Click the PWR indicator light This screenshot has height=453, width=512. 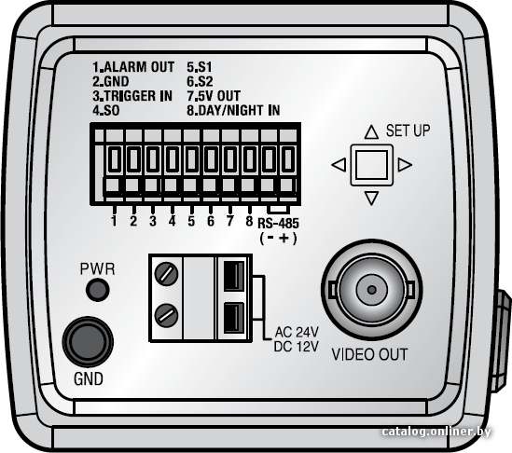pyautogui.click(x=97, y=290)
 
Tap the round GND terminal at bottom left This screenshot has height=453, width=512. pyautogui.click(x=88, y=342)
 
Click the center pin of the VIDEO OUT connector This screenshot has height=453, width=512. pyautogui.click(x=371, y=290)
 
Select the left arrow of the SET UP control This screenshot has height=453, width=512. pyautogui.click(x=339, y=164)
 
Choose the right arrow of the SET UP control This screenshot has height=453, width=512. pyautogui.click(x=405, y=164)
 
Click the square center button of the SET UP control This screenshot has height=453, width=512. pyautogui.click(x=371, y=165)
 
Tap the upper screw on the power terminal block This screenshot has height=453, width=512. pyautogui.click(x=166, y=273)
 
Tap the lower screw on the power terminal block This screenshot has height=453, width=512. pyautogui.click(x=166, y=315)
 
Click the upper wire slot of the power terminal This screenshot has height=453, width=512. pyautogui.click(x=234, y=276)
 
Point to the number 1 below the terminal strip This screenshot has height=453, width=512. pyautogui.click(x=114, y=221)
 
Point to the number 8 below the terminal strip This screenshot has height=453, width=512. pyautogui.click(x=249, y=221)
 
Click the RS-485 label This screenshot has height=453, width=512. pyautogui.click(x=278, y=224)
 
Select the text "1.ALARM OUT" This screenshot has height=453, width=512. pyautogui.click(x=133, y=67)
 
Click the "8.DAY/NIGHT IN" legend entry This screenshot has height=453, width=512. pyautogui.click(x=233, y=110)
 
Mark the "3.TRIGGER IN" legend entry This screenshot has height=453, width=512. pyautogui.click(x=132, y=96)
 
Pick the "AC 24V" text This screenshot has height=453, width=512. pyautogui.click(x=297, y=332)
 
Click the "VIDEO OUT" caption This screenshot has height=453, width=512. pyautogui.click(x=369, y=354)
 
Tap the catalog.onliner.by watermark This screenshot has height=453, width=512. pyautogui.click(x=436, y=432)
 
